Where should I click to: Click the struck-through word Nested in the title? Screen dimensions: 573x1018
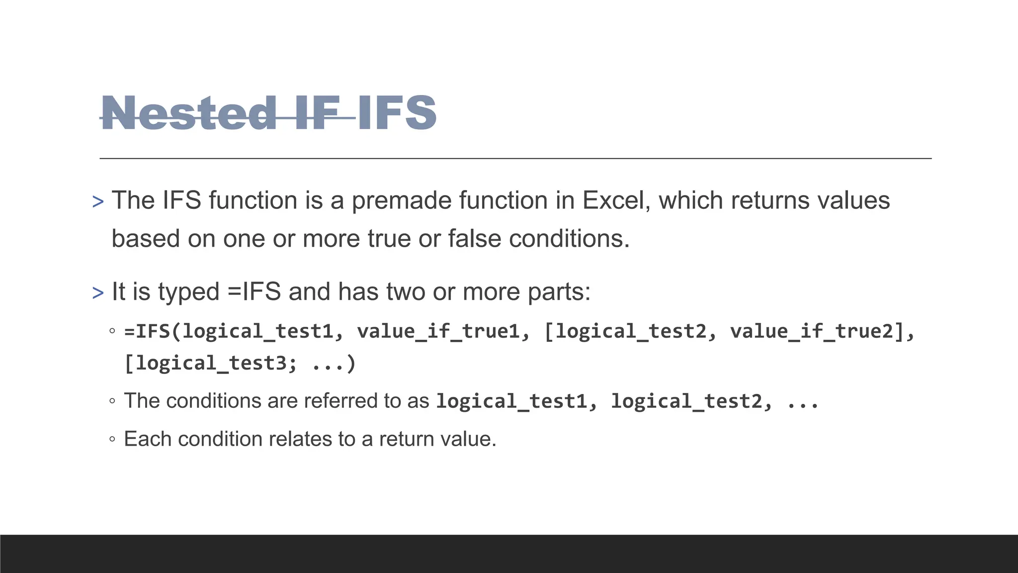(188, 113)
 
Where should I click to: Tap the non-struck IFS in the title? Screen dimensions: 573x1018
(397, 113)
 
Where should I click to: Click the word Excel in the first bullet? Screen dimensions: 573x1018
(616, 200)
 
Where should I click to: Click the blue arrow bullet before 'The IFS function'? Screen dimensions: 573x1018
(98, 202)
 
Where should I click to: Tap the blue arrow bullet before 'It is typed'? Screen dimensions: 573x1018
(98, 293)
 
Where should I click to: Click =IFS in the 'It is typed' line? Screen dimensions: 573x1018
(254, 291)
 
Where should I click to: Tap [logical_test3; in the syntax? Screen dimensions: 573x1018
(210, 364)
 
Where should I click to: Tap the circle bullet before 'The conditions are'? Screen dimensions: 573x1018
(112, 401)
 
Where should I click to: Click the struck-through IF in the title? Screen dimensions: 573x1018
(317, 113)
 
